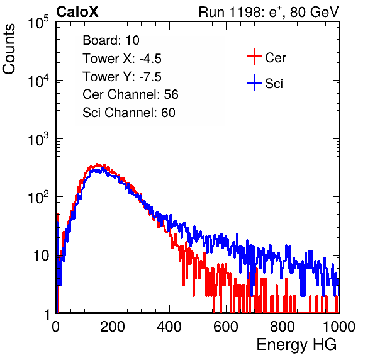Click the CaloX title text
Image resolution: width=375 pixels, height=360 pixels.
click(x=77, y=12)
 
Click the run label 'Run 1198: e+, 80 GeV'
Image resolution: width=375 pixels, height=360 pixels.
click(x=269, y=12)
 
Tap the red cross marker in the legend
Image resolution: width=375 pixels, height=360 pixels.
click(x=254, y=57)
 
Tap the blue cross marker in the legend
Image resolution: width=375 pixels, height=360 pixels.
click(x=254, y=82)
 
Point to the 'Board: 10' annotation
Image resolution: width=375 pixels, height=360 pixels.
click(x=111, y=40)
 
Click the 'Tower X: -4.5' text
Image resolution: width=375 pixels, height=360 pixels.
click(x=122, y=59)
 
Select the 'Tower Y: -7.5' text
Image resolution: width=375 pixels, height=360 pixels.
click(x=122, y=77)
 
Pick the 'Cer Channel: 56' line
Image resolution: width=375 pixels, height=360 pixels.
click(x=130, y=94)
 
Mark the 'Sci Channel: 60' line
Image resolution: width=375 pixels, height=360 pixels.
click(x=129, y=113)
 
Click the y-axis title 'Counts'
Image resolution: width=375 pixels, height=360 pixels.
click(x=9, y=49)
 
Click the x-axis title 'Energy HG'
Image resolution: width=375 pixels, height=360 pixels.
click(x=296, y=345)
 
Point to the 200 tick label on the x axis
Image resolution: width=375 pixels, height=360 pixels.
click(x=113, y=327)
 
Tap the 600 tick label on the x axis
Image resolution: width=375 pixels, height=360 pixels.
click(x=226, y=327)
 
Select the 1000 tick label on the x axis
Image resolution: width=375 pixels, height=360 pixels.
click(x=339, y=327)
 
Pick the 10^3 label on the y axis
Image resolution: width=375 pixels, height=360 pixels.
click(x=38, y=139)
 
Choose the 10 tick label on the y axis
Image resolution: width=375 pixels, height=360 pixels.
click(x=41, y=256)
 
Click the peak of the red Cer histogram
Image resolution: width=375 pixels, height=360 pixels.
click(x=98, y=164)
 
